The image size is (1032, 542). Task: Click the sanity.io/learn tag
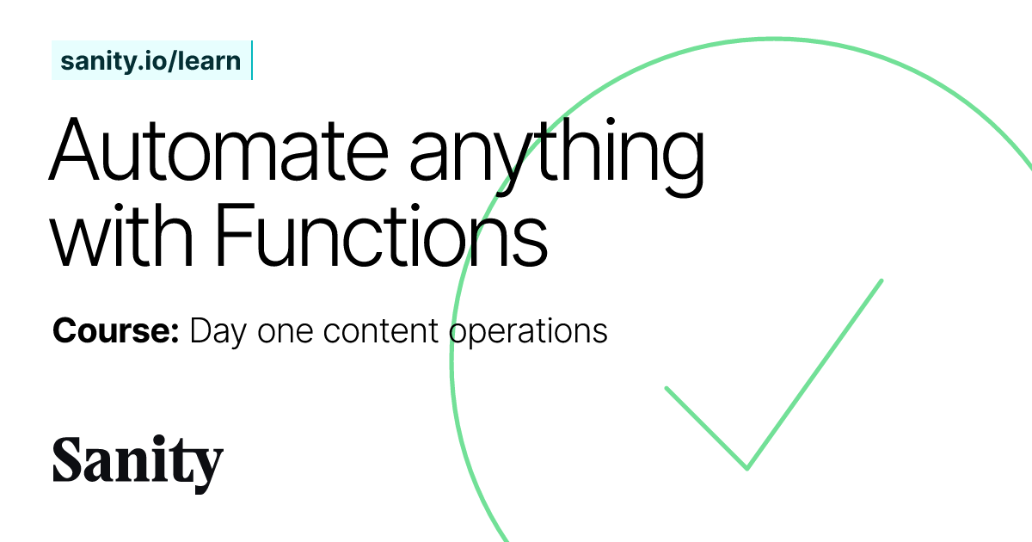[x=151, y=61]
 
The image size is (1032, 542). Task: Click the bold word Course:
[x=115, y=331]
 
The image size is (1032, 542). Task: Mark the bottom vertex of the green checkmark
[x=746, y=468]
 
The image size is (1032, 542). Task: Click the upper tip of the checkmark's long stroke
[x=881, y=280]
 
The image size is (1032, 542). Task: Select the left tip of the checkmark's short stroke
[x=666, y=388]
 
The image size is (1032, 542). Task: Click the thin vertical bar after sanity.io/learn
[x=251, y=60]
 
